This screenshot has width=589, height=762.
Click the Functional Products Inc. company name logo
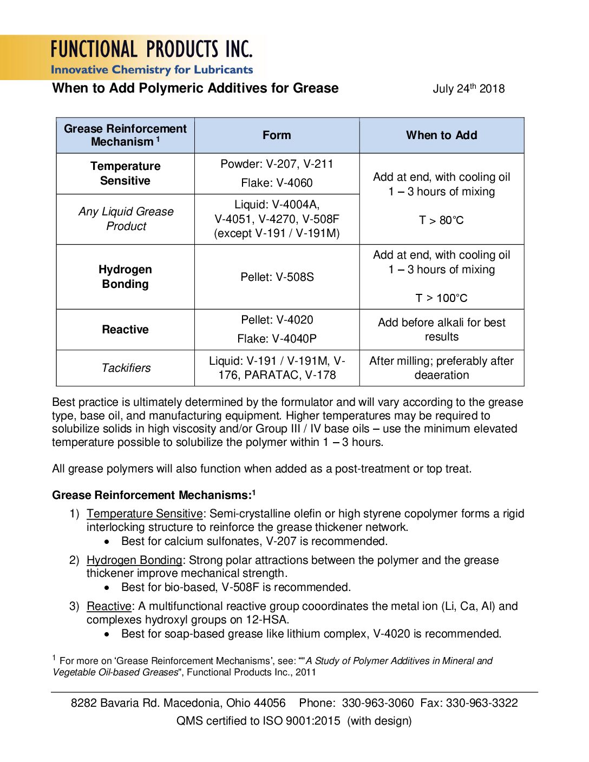152,50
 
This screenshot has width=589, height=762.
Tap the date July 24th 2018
468,89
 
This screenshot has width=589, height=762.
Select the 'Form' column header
277,135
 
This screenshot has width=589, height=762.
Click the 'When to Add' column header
441,135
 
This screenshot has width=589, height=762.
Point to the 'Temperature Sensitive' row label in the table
125,174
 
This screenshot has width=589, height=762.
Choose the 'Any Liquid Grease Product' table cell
126,219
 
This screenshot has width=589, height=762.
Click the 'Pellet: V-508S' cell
277,277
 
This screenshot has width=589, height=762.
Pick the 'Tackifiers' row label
126,368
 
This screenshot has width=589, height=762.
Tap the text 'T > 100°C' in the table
441,298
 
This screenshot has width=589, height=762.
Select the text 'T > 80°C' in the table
441,220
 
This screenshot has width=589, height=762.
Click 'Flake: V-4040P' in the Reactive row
277,339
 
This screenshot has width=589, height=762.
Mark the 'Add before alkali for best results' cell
441,330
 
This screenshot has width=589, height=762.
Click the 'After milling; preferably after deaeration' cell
441,368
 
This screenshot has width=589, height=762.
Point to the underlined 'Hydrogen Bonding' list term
134,560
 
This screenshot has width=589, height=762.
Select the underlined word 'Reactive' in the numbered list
109,606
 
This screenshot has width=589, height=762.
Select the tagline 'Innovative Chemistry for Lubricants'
152,70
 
